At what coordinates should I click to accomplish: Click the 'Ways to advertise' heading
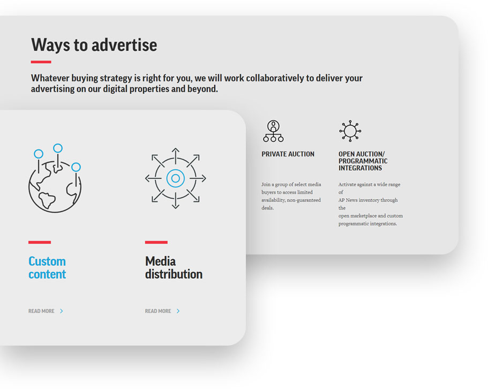(x=94, y=45)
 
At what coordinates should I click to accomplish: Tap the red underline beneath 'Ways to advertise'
(x=41, y=62)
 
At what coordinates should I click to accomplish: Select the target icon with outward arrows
(x=176, y=178)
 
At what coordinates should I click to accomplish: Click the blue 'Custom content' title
(x=47, y=267)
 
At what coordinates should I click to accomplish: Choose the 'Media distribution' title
(x=174, y=267)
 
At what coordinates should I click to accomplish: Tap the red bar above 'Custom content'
(x=40, y=242)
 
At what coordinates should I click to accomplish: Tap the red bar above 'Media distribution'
(x=156, y=242)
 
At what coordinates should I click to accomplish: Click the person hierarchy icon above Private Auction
(x=273, y=131)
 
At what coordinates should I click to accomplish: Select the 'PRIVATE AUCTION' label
(x=288, y=154)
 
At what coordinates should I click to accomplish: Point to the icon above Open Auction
(x=350, y=131)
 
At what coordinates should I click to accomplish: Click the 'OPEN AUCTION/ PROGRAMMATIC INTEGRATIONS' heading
(x=363, y=161)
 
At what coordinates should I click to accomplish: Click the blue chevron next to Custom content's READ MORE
(x=62, y=311)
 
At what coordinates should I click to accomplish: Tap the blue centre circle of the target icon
(x=176, y=178)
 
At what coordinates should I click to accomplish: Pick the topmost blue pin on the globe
(x=57, y=148)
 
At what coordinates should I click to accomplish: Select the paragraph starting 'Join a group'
(x=291, y=196)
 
